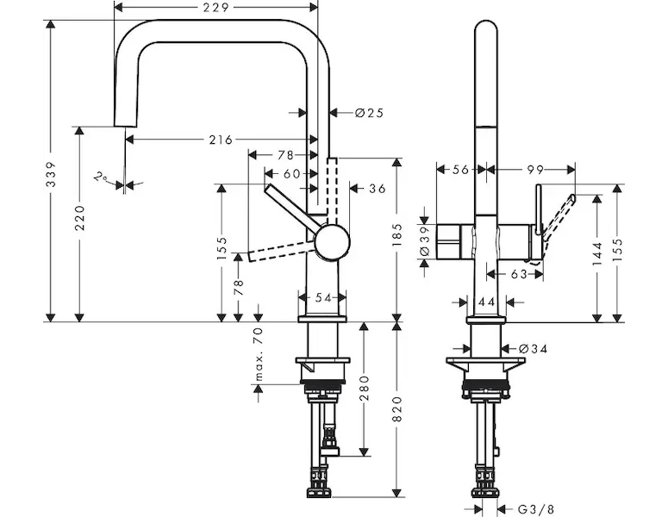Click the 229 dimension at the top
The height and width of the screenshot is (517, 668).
coord(216,7)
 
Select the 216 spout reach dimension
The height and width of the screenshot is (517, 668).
coord(221,140)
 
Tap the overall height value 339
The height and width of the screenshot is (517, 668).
coord(51,174)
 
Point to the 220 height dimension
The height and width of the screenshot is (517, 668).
coord(79,218)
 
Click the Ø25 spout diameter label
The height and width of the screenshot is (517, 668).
coord(370,113)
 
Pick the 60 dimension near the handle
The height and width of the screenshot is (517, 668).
coord(291,173)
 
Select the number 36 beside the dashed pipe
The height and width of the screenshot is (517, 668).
coord(377,188)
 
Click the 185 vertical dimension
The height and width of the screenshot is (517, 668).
coord(396,235)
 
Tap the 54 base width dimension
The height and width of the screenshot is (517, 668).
coord(322,298)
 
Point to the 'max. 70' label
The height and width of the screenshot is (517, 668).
coord(259,353)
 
